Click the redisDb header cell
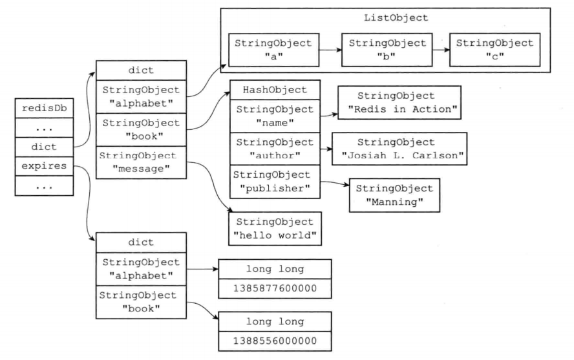45,109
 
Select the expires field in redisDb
45,166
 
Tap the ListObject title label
396,17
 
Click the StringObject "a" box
274,50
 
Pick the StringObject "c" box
495,50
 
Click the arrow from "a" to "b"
330,50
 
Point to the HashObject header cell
275,90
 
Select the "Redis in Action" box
399,102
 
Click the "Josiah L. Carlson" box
399,149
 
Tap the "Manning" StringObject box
394,195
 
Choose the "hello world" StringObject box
275,228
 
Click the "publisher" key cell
275,182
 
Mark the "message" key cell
142,162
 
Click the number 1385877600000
275,288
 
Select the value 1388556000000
275,341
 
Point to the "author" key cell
275,149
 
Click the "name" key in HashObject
275,116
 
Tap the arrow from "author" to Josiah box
326,149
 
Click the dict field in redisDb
45,147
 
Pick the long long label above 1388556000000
275,322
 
